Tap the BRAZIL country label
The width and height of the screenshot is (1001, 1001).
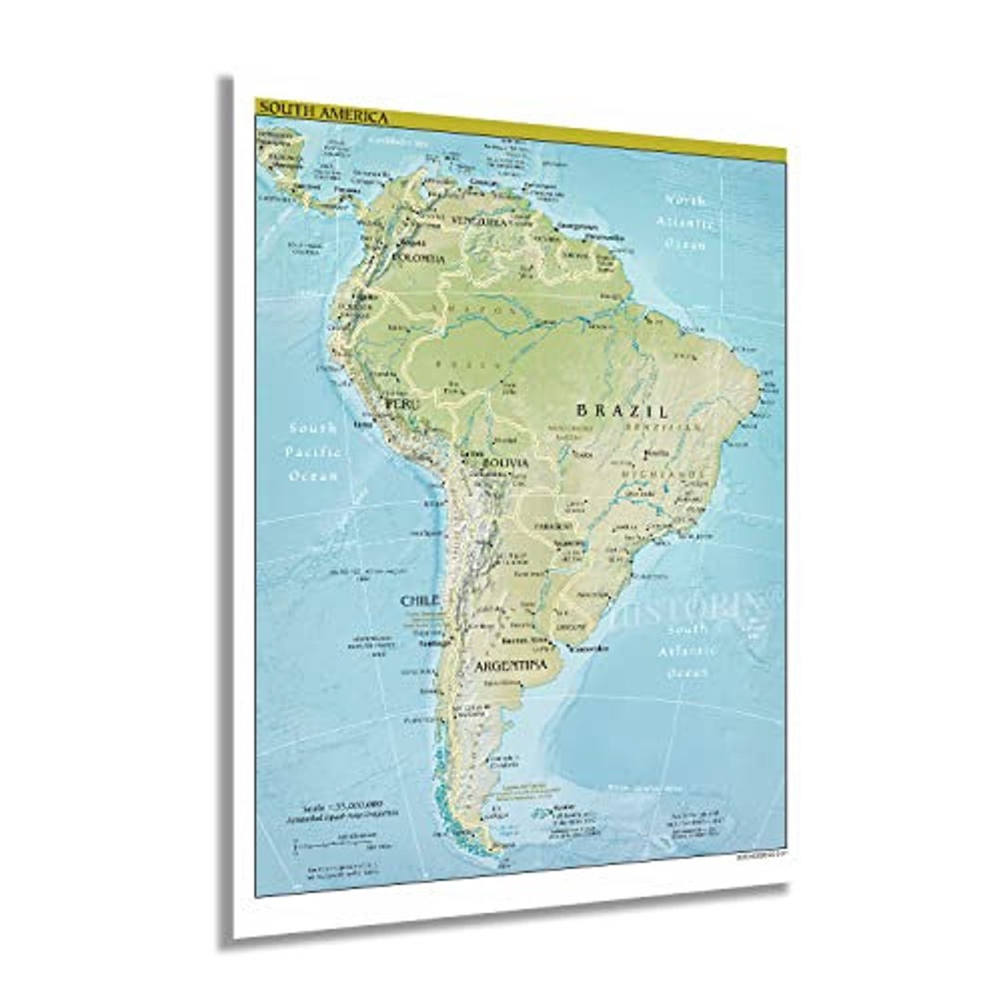pyautogui.click(x=621, y=410)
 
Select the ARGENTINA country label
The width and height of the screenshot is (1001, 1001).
pyautogui.click(x=510, y=665)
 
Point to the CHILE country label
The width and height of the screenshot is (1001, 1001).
pyautogui.click(x=419, y=601)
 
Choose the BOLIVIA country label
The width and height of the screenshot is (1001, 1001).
pyautogui.click(x=505, y=462)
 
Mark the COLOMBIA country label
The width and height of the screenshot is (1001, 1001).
pyautogui.click(x=419, y=258)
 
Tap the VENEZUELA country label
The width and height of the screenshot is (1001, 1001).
pyautogui.click(x=480, y=222)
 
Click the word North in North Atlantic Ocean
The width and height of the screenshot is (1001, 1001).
pyautogui.click(x=684, y=198)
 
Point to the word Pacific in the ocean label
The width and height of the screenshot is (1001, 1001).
pyautogui.click(x=312, y=451)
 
